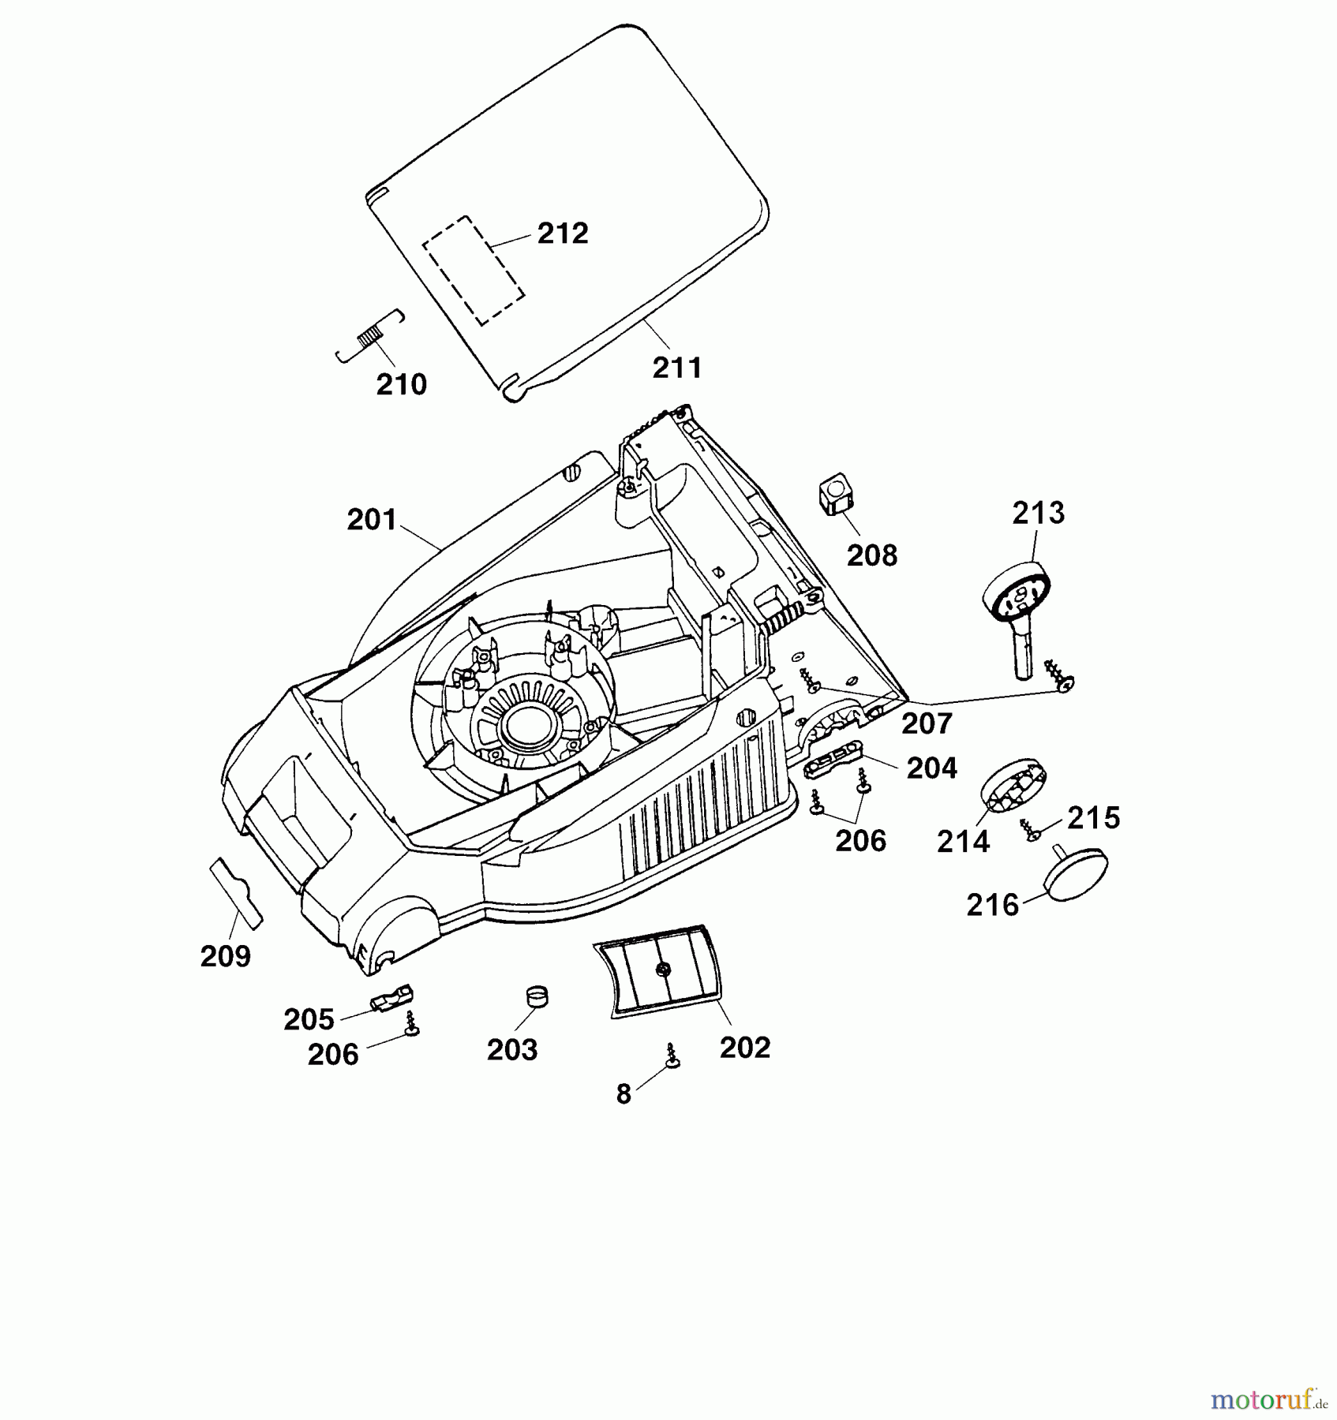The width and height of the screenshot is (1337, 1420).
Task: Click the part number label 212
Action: pyautogui.click(x=563, y=234)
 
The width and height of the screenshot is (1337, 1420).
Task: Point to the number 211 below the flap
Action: pyautogui.click(x=677, y=368)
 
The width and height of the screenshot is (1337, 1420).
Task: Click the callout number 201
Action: pyautogui.click(x=372, y=520)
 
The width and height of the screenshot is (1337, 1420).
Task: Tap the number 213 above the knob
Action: pyautogui.click(x=1039, y=513)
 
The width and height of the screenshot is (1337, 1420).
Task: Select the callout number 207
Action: pyautogui.click(x=927, y=723)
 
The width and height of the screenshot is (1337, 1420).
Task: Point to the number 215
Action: pyautogui.click(x=1093, y=818)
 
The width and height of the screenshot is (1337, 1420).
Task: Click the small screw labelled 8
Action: pyautogui.click(x=672, y=1056)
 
